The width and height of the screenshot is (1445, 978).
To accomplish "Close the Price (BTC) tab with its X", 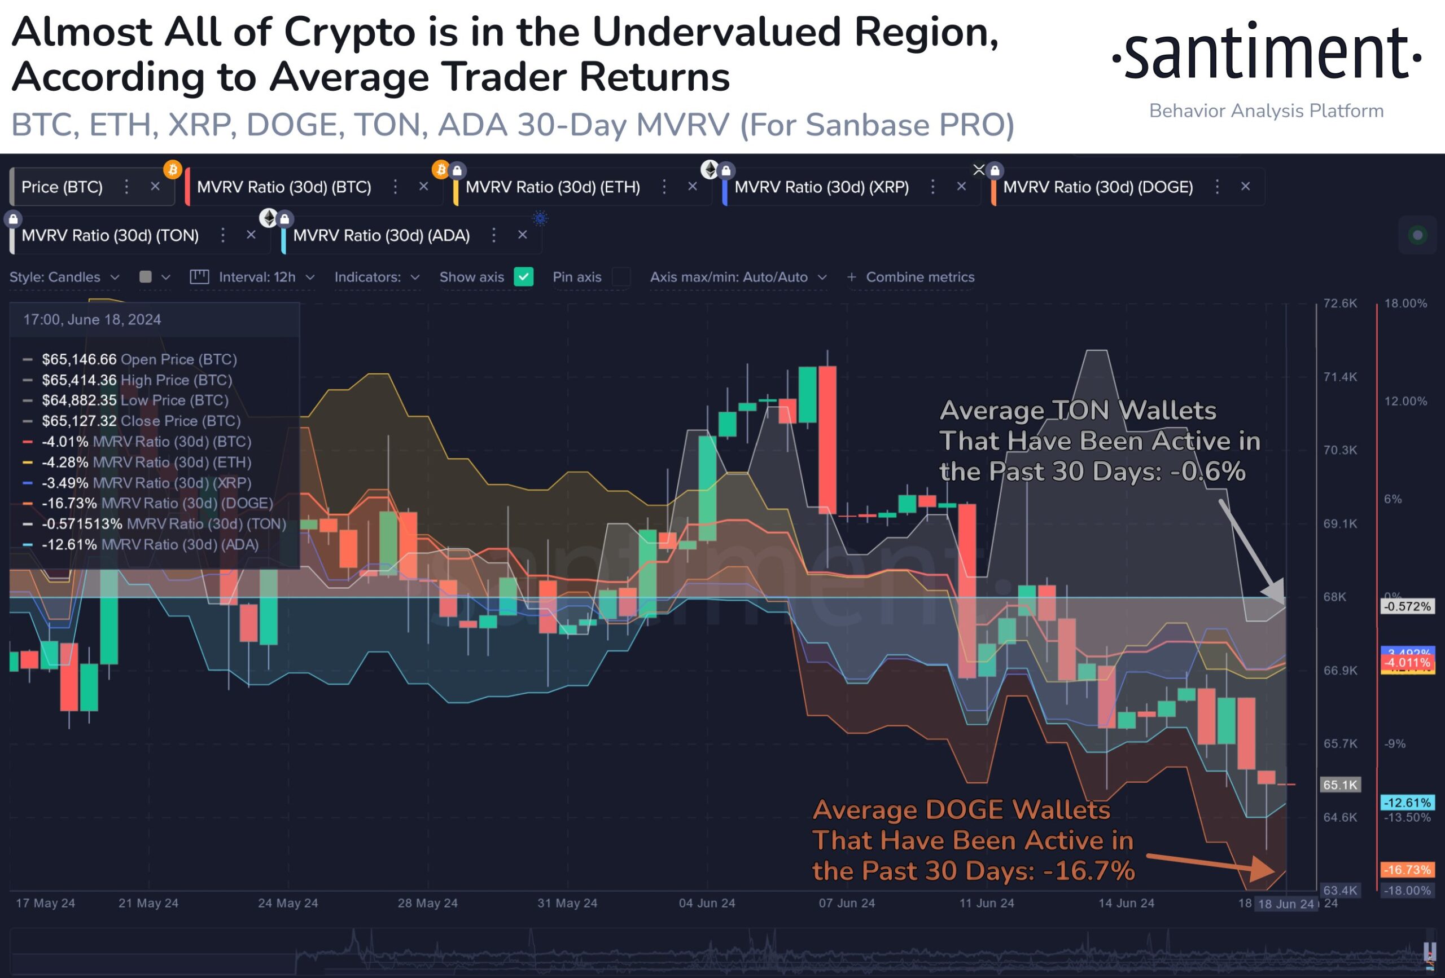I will click(x=155, y=186).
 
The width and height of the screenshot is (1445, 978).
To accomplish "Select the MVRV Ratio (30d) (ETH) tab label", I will click(x=552, y=187).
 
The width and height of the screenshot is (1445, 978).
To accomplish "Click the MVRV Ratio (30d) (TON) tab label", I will click(x=110, y=236).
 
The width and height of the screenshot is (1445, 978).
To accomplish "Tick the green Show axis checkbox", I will click(x=524, y=276).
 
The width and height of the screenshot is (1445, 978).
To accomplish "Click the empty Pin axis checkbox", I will click(x=620, y=276).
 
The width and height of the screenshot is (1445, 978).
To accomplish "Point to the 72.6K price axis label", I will click(x=1340, y=303).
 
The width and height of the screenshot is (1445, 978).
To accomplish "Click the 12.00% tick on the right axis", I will click(x=1405, y=402).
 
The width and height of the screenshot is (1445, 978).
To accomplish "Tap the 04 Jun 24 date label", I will click(x=706, y=903).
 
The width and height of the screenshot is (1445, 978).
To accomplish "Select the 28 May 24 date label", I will click(x=427, y=903).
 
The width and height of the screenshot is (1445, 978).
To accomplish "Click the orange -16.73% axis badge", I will click(x=1407, y=869).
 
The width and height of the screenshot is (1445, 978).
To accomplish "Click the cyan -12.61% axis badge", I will click(x=1407, y=802).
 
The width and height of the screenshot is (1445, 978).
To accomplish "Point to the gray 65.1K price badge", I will click(x=1340, y=785).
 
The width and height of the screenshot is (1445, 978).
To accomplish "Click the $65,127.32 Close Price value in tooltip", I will click(x=79, y=421).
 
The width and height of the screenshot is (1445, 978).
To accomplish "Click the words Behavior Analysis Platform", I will click(x=1266, y=111).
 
